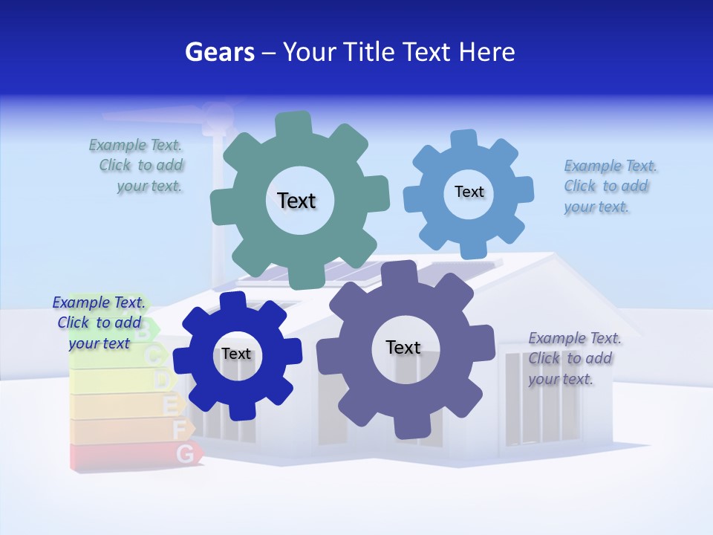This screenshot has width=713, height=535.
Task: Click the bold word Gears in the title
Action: (x=219, y=52)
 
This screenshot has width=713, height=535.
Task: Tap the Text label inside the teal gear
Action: (x=296, y=201)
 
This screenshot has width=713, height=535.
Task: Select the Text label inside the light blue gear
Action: (x=469, y=192)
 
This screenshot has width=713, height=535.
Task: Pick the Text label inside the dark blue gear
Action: (x=236, y=354)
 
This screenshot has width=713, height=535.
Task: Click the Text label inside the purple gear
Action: (x=403, y=347)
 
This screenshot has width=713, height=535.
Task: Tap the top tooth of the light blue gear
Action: (x=464, y=140)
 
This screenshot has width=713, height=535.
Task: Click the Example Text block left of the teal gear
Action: (x=137, y=166)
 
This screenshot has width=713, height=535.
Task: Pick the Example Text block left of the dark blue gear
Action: (x=99, y=322)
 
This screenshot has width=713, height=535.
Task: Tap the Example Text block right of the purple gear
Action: (x=573, y=358)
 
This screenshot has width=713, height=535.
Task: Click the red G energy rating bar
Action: (x=134, y=454)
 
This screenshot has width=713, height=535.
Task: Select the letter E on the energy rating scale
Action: (x=170, y=405)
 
